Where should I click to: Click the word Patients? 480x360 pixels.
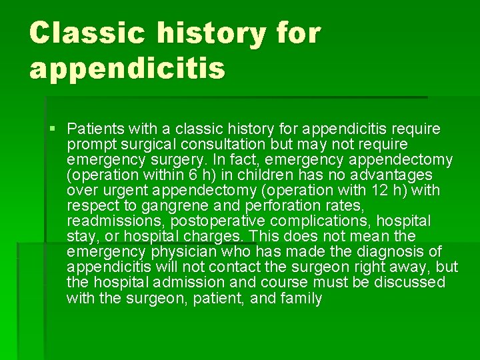coord(93,129)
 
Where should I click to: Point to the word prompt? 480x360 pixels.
coord(89,144)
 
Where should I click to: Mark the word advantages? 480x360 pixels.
coord(387,175)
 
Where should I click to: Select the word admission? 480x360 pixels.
coord(188,282)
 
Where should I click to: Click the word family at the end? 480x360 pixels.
coord(301,297)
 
